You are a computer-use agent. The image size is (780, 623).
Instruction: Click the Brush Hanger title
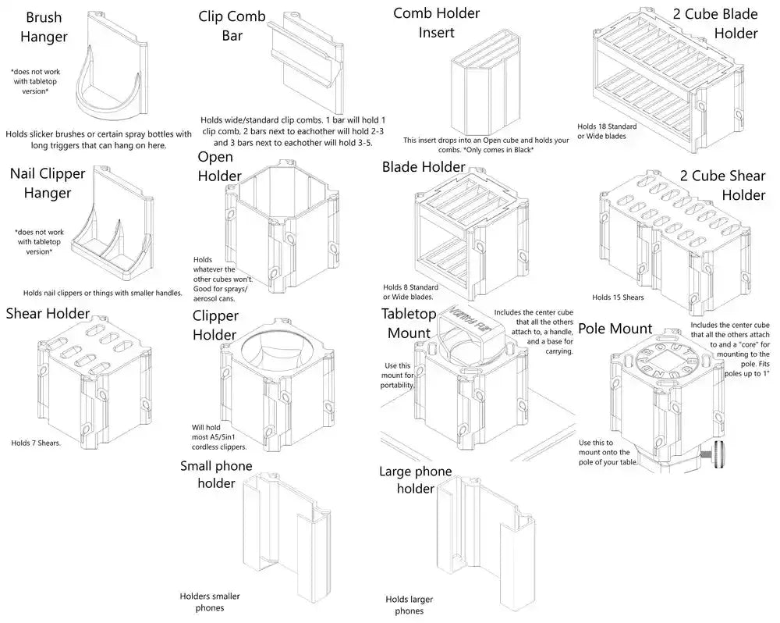(x=44, y=27)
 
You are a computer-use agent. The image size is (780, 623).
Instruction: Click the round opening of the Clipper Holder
(x=285, y=347)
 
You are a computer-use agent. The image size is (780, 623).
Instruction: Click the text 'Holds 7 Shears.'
(x=36, y=443)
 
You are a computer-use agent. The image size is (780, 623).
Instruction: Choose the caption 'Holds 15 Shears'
(x=618, y=297)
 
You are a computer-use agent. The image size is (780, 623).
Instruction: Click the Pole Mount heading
(x=615, y=329)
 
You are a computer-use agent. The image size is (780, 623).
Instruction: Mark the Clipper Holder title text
(x=215, y=326)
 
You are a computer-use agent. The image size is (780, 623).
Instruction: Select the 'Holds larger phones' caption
(x=409, y=605)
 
